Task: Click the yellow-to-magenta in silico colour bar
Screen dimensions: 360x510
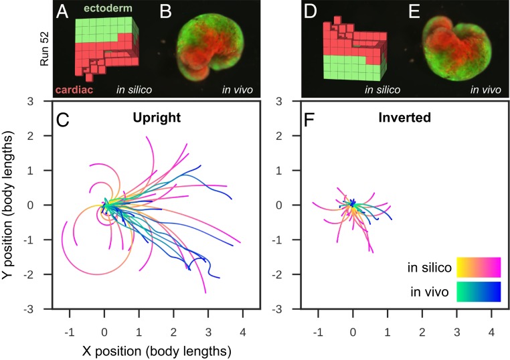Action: (x=478, y=267)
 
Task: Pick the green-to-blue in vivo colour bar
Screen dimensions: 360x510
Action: (x=478, y=292)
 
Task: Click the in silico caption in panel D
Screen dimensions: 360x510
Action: (x=379, y=90)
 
